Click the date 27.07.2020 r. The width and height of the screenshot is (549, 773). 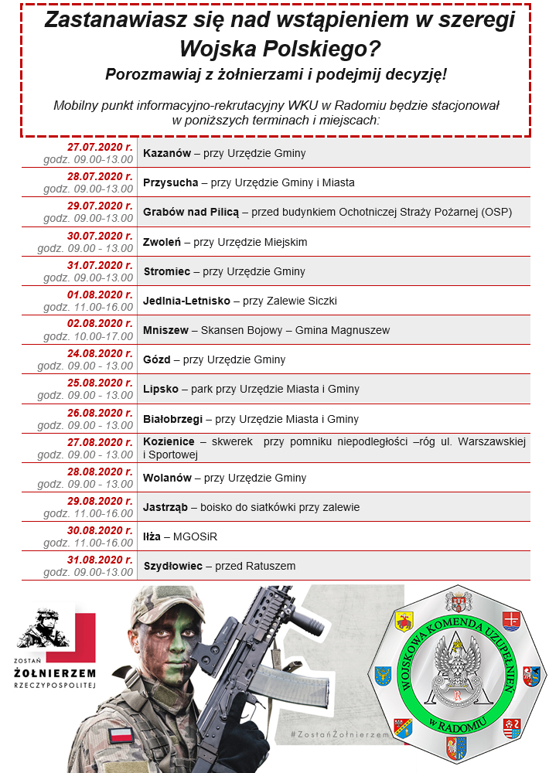click(x=100, y=147)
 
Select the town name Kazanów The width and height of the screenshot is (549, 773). click(x=167, y=153)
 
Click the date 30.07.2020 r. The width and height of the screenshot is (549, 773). click(x=100, y=236)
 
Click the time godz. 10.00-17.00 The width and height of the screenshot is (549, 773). click(x=88, y=336)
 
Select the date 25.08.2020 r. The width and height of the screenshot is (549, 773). click(x=100, y=383)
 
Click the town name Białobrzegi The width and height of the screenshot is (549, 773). click(x=172, y=419)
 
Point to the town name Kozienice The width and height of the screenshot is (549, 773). click(x=169, y=441)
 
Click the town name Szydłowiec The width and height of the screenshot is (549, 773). click(x=173, y=566)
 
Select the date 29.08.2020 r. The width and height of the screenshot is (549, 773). click(x=100, y=501)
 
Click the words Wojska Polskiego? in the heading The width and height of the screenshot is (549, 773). click(x=280, y=49)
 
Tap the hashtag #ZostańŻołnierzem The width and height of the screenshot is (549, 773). click(x=337, y=732)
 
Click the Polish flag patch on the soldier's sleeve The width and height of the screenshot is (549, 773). click(x=119, y=734)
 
